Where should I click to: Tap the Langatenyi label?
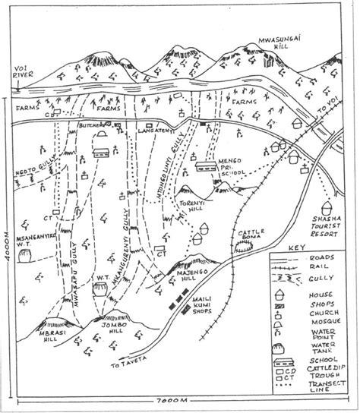point(156,131)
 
